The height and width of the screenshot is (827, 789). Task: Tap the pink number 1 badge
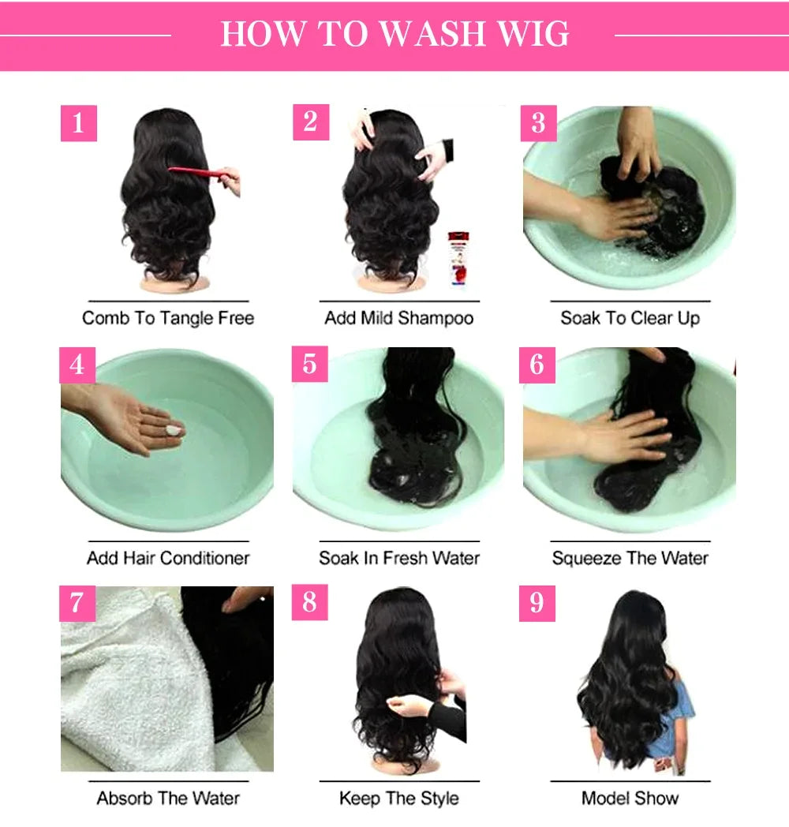(x=78, y=123)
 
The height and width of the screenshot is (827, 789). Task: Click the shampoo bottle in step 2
(x=457, y=258)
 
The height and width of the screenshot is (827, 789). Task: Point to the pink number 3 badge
(x=538, y=123)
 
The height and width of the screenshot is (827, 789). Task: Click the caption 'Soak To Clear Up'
(x=630, y=318)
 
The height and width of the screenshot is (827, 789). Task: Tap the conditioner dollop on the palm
(x=173, y=429)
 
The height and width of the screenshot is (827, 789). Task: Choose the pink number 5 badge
(x=309, y=364)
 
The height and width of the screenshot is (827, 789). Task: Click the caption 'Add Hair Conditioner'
(x=168, y=558)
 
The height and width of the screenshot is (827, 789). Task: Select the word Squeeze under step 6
(x=588, y=558)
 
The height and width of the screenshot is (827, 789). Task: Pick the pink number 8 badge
(x=309, y=603)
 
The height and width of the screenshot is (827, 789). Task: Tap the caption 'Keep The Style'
(x=398, y=798)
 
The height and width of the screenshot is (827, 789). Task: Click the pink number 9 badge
(x=537, y=603)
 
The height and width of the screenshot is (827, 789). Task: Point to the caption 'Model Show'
(x=630, y=798)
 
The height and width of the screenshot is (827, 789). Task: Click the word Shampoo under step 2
(x=436, y=318)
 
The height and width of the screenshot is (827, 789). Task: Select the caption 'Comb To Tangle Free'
(x=168, y=318)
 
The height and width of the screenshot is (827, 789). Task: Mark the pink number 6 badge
(x=537, y=364)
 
